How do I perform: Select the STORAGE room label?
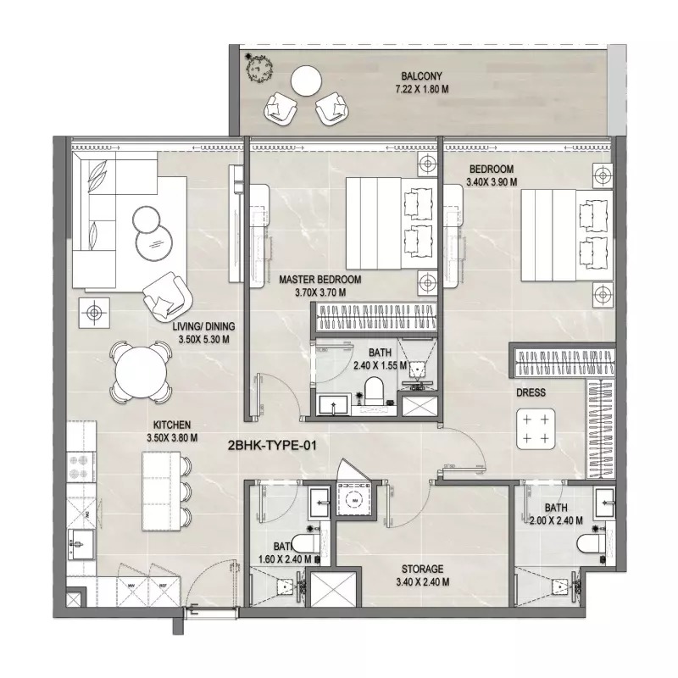pyautogui.click(x=423, y=570)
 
